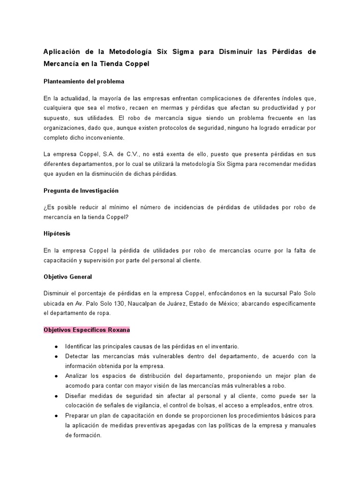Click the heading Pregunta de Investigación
81,191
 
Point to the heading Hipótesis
57,233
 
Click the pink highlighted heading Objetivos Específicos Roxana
87,330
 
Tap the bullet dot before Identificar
56,346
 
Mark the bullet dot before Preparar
56,416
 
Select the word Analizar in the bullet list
76,376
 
